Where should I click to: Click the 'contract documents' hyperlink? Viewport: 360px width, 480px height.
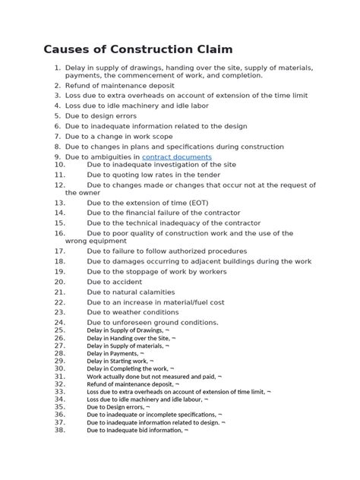click(x=177, y=156)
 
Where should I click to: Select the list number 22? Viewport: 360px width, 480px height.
click(x=60, y=302)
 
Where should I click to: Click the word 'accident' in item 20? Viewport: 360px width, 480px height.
click(x=127, y=281)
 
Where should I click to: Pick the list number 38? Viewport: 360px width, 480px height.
click(x=60, y=430)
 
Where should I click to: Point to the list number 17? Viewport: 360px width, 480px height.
click(x=60, y=251)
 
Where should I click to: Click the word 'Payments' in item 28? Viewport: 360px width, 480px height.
click(x=121, y=353)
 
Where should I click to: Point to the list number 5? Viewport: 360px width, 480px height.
click(x=57, y=116)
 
